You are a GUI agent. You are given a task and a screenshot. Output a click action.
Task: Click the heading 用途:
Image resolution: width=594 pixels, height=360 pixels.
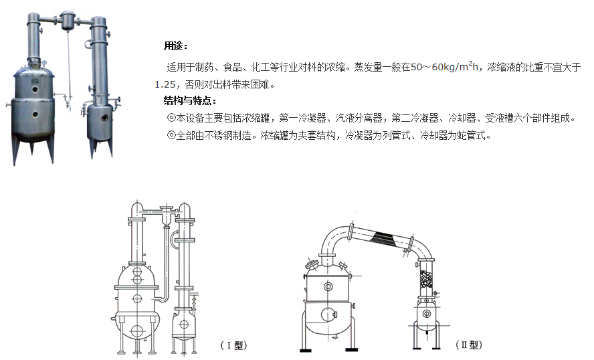175,46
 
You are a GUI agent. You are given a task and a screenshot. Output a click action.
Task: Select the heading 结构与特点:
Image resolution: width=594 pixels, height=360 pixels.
190,100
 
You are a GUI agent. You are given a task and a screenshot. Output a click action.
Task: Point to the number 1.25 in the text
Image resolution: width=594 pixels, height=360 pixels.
165,84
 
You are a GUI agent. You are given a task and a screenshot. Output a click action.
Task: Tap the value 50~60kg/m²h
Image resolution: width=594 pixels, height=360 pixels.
444,67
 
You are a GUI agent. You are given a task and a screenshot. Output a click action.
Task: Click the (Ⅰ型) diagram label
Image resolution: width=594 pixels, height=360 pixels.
233,345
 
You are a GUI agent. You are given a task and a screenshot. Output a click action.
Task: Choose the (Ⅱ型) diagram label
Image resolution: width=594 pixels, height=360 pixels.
469,345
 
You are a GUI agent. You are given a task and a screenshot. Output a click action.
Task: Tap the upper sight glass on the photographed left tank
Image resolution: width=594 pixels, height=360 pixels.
35,90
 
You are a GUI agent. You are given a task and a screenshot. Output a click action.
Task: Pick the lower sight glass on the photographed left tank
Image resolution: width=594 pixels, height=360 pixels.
35,114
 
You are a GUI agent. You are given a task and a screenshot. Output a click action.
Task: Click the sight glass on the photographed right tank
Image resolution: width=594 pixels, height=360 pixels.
104,118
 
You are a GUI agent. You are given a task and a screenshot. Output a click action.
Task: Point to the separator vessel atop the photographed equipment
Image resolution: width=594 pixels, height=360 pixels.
68,20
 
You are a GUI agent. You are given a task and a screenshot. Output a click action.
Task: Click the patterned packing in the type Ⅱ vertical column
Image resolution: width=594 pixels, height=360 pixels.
426,281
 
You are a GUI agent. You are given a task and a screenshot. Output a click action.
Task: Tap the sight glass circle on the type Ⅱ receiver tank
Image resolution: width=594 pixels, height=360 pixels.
426,314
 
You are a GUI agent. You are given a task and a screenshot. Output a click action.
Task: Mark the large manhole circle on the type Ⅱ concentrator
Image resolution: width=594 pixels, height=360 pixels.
328,314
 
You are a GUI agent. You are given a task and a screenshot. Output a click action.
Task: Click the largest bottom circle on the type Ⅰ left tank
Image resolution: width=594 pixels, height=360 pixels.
136,331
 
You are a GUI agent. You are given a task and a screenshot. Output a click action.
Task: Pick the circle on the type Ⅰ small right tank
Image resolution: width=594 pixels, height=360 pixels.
184,325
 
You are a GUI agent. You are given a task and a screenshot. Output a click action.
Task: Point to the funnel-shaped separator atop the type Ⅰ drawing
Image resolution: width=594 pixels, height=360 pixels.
167,215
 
